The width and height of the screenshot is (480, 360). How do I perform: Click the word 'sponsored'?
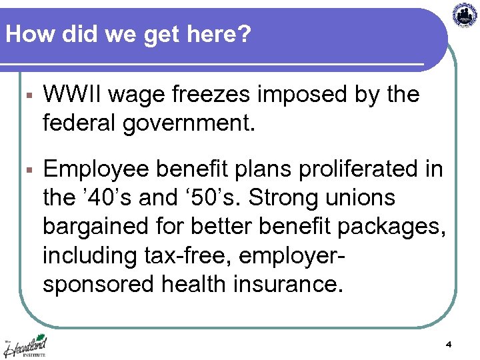(99, 284)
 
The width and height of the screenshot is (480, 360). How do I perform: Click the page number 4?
(449, 345)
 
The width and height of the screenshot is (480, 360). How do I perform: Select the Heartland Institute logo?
(27, 346)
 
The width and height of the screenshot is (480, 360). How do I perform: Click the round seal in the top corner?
(465, 15)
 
